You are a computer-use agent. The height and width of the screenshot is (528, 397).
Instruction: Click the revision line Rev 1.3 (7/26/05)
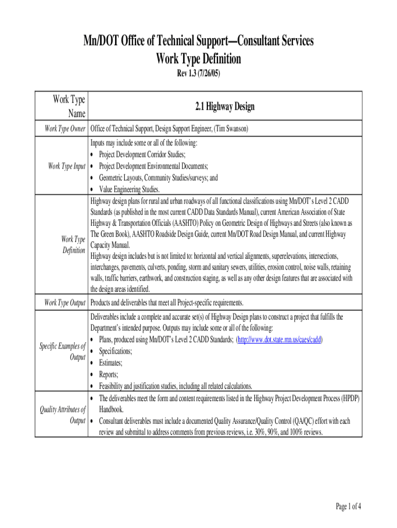pyautogui.click(x=198, y=74)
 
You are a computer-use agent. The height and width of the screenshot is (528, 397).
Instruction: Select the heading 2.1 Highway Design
pyautogui.click(x=225, y=107)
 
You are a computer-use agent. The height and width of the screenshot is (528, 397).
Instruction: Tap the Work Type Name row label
pyautogui.click(x=69, y=107)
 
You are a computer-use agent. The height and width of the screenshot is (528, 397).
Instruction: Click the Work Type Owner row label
pyautogui.click(x=65, y=129)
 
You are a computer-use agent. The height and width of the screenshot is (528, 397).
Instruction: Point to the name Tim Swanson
pyautogui.click(x=229, y=129)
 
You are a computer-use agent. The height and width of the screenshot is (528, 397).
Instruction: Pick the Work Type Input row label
pyautogui.click(x=67, y=166)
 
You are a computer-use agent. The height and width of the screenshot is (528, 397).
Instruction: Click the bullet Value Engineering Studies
pyautogui.click(x=133, y=189)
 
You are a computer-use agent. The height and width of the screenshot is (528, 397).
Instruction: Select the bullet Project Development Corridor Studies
pyautogui.click(x=142, y=154)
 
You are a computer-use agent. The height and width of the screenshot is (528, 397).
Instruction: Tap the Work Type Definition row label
pyautogui.click(x=73, y=245)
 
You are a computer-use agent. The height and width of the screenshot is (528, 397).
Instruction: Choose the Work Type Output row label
pyautogui.click(x=65, y=302)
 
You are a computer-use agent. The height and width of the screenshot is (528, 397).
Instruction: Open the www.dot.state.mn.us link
pyautogui.click(x=279, y=340)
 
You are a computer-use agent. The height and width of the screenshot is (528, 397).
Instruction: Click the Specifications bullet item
pyautogui.click(x=115, y=351)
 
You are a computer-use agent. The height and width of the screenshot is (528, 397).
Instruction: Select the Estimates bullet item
pyautogui.click(x=111, y=363)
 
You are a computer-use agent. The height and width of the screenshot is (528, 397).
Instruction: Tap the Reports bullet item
pyautogui.click(x=109, y=375)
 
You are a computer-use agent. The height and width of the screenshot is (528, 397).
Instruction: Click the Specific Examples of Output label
pyautogui.click(x=62, y=352)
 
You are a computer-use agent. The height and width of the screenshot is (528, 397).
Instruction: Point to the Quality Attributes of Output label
pyautogui.click(x=62, y=416)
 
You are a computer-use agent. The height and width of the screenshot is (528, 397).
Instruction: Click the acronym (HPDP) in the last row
pyautogui.click(x=348, y=398)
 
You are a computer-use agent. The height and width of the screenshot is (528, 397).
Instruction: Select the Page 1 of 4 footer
pyautogui.click(x=348, y=507)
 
